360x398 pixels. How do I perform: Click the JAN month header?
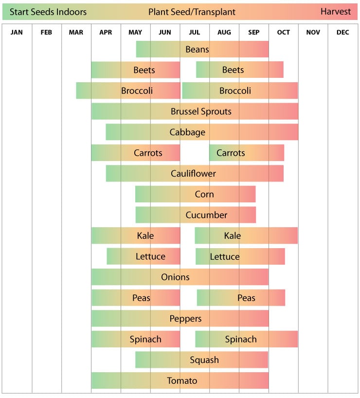17,33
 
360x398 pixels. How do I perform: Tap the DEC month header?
342,33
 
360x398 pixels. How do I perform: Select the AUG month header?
224,33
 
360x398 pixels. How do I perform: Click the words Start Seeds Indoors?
48,12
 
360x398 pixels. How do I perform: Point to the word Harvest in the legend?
335,12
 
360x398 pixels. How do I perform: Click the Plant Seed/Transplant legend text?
192,12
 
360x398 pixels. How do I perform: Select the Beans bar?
202,49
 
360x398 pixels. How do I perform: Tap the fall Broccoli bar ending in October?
239,91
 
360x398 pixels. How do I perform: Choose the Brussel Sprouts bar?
195,111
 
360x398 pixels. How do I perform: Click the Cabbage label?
187,132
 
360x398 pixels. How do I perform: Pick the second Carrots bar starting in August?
246,153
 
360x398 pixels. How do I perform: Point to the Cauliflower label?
193,174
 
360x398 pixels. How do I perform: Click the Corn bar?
195,195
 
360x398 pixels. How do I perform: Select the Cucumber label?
206,215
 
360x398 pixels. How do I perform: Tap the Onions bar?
180,277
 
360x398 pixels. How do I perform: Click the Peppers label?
185,319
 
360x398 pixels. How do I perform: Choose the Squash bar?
201,360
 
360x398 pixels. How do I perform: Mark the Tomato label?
182,381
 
